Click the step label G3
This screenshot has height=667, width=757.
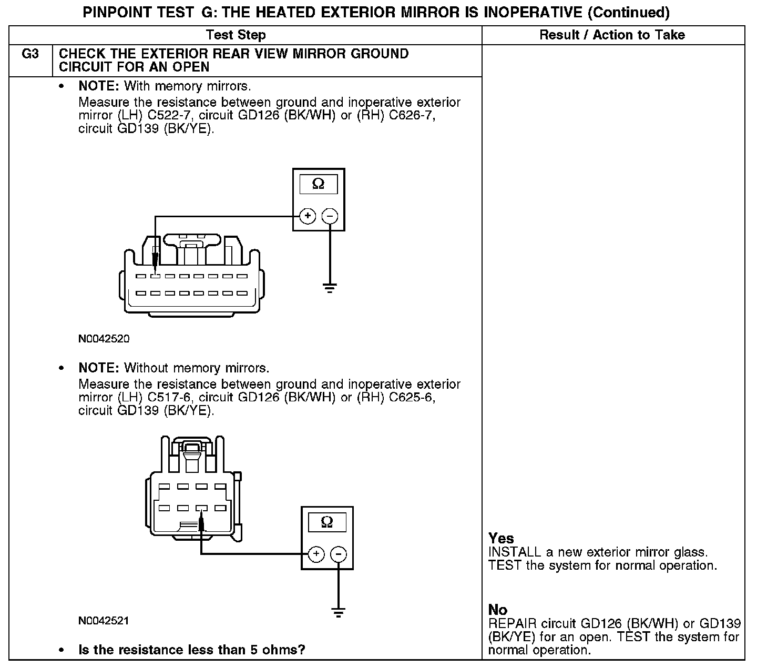coord(31,54)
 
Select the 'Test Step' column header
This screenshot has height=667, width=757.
coord(236,35)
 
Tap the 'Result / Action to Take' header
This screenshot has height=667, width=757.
coord(612,35)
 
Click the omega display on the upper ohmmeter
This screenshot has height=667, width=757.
coord(318,184)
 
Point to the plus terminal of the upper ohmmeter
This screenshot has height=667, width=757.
coord(308,216)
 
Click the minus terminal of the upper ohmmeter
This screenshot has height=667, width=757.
coord(330,216)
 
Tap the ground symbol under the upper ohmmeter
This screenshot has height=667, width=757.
coord(330,288)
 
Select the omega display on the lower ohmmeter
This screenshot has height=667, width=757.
coord(326,522)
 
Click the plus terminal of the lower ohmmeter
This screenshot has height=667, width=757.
coord(316,554)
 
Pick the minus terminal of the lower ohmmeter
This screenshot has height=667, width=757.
coord(339,554)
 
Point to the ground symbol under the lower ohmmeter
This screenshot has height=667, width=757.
coord(339,612)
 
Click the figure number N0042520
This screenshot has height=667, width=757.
coord(104,339)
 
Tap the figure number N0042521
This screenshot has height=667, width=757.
coord(104,621)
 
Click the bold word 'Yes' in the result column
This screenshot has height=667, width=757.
coord(501,539)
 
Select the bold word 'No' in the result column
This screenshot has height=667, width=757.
coord(498,610)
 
